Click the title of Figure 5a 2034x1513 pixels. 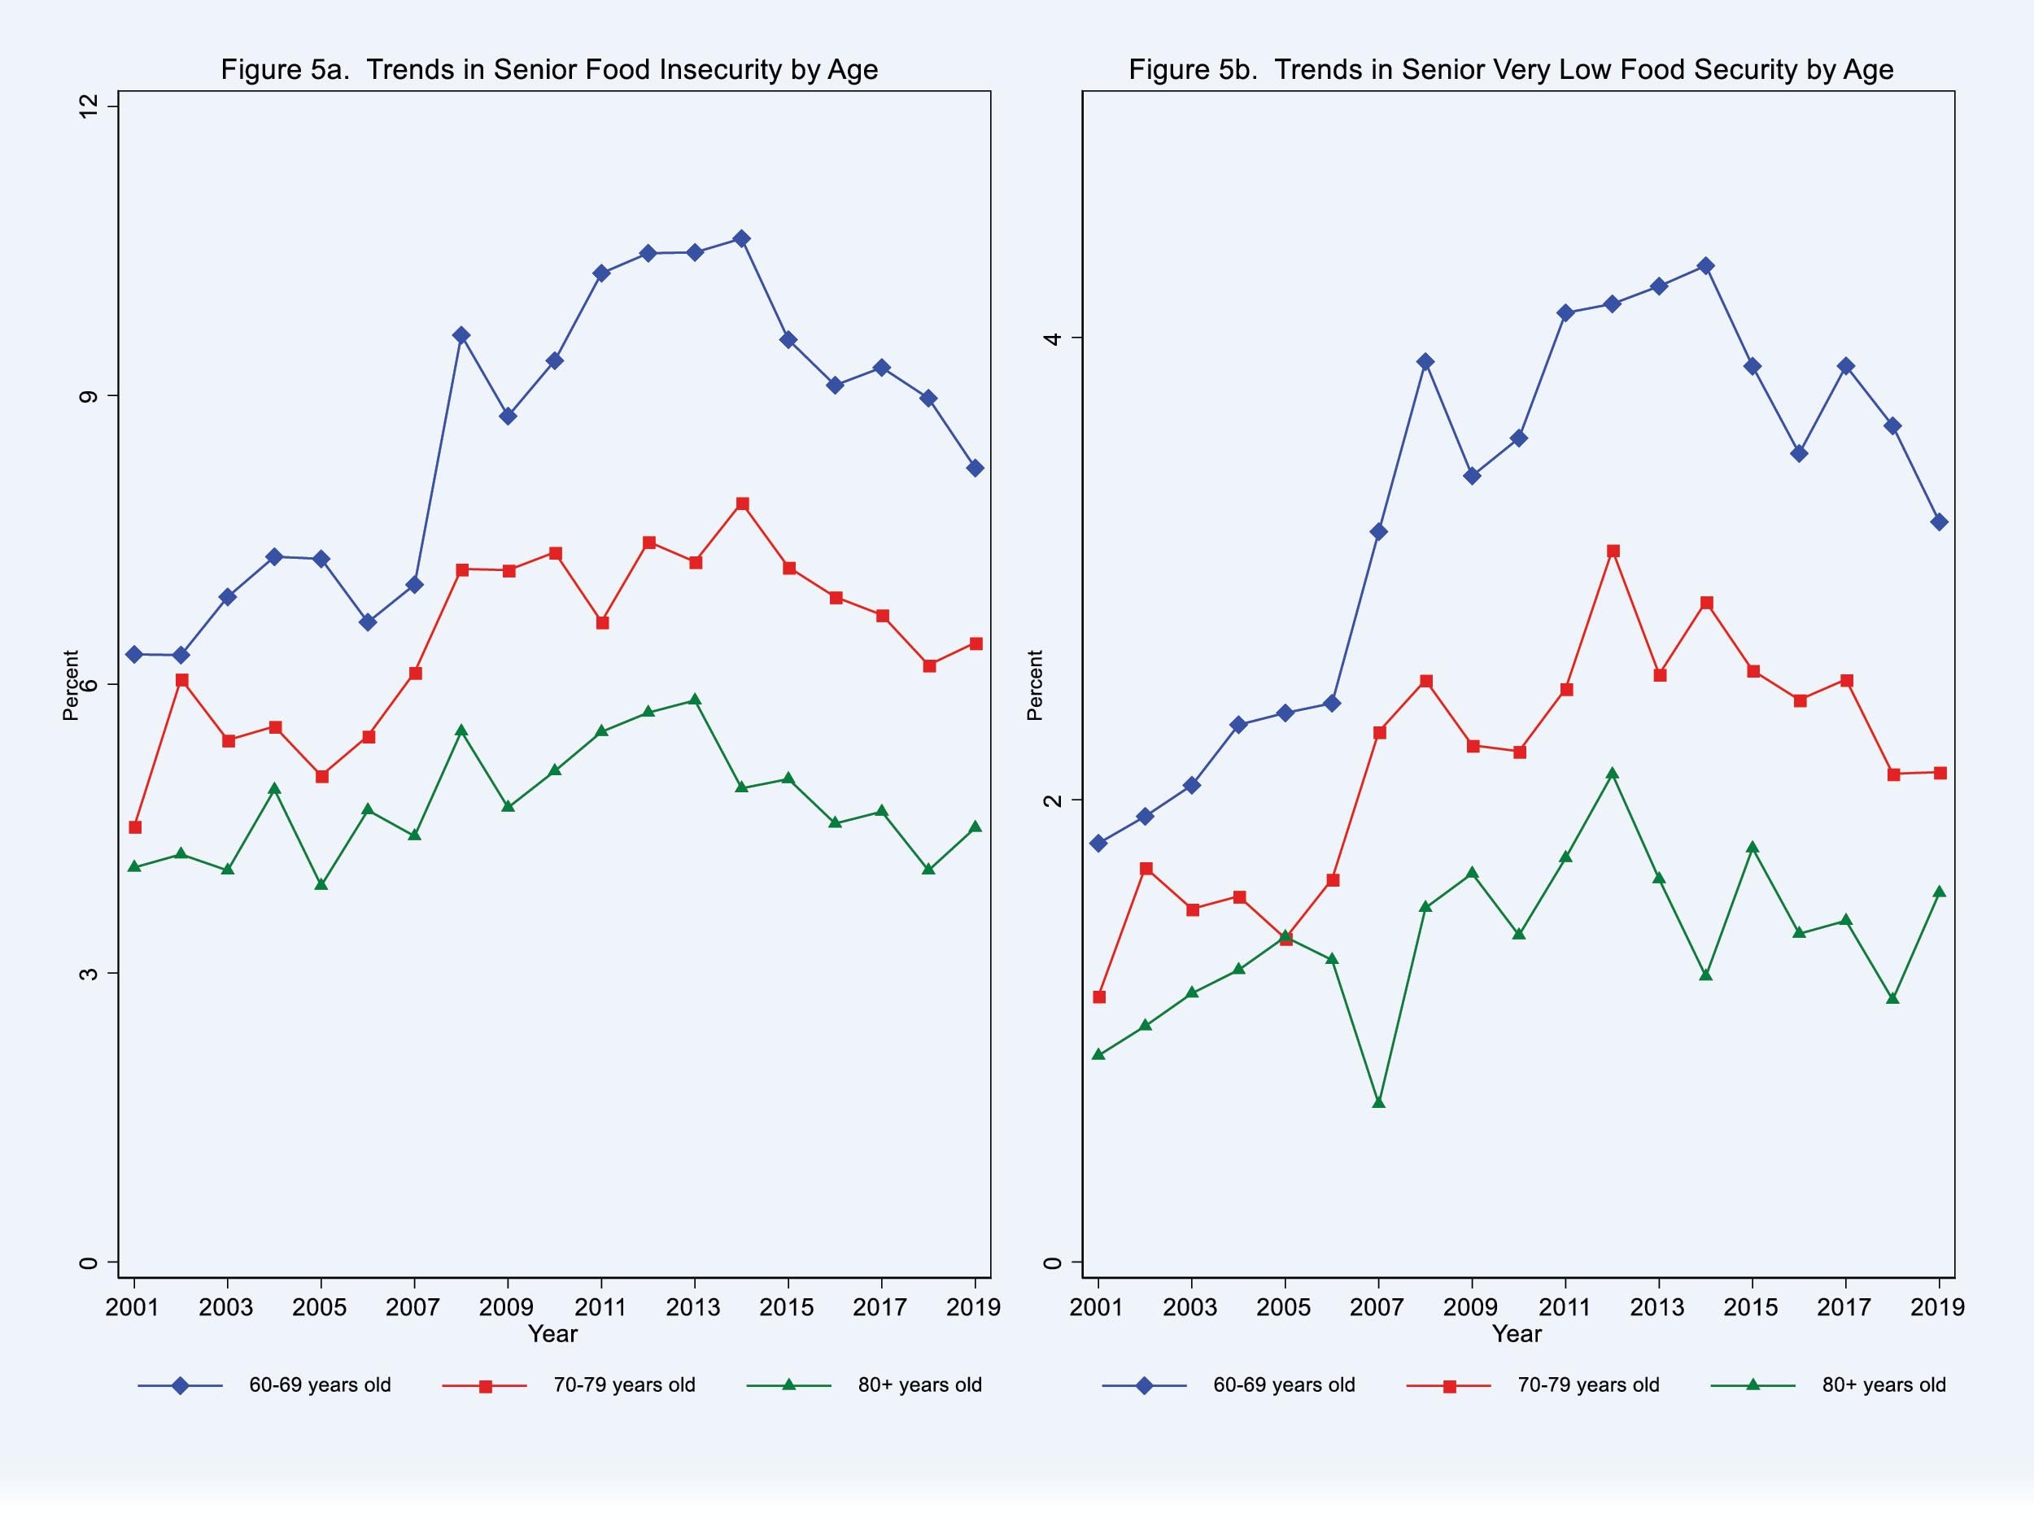(x=548, y=70)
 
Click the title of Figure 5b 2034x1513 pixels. (x=1510, y=70)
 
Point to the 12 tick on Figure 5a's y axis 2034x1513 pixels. (x=88, y=107)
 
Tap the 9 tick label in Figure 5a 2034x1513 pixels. (x=88, y=397)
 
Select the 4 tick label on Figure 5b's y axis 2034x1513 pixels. (x=1052, y=338)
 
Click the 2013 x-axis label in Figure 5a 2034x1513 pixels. (x=693, y=1307)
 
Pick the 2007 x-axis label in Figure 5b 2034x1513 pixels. (x=1377, y=1307)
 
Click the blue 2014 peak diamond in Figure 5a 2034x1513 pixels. (x=742, y=239)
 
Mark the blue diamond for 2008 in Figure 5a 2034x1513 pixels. (x=461, y=335)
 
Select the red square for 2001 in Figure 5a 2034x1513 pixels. (x=134, y=827)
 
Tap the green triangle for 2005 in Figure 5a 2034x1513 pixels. (x=321, y=884)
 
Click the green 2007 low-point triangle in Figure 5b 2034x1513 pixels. (x=1378, y=1101)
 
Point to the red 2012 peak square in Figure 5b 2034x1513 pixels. (x=1613, y=552)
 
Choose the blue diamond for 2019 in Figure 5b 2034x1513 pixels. (x=1939, y=522)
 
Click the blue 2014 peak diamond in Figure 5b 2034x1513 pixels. (x=1705, y=267)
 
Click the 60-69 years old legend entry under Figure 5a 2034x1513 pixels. (x=320, y=1384)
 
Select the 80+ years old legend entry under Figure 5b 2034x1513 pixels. (x=1883, y=1384)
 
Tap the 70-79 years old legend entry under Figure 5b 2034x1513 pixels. (x=1587, y=1384)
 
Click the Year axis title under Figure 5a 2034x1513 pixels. (x=552, y=1333)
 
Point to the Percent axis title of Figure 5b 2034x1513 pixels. (x=1035, y=685)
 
